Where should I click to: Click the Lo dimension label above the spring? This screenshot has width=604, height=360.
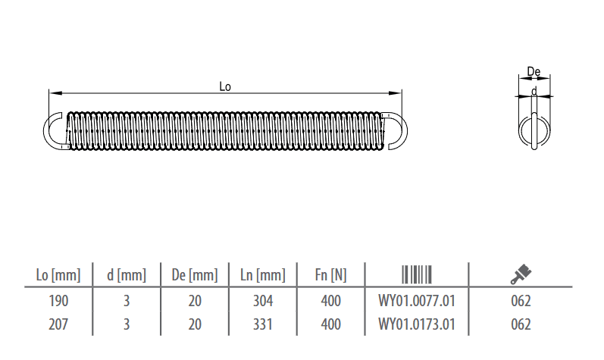pyautogui.click(x=225, y=86)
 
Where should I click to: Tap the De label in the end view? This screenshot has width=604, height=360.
pyautogui.click(x=534, y=71)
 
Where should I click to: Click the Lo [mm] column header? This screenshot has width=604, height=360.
pyautogui.click(x=58, y=275)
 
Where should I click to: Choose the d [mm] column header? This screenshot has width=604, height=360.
pyautogui.click(x=127, y=275)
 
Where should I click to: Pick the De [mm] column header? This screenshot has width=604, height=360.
pyautogui.click(x=195, y=275)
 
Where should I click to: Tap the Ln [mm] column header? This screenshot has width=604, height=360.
pyautogui.click(x=263, y=275)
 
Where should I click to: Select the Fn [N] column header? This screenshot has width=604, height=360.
pyautogui.click(x=330, y=275)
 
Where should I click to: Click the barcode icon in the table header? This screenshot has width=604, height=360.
pyautogui.click(x=417, y=274)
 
